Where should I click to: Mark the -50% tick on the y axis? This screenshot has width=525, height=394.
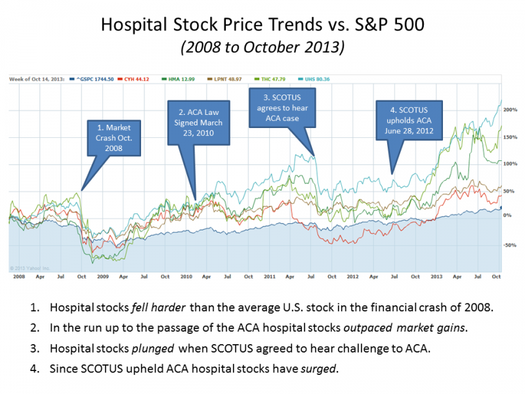point(510,245)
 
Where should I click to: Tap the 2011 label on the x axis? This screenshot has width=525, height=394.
point(270,276)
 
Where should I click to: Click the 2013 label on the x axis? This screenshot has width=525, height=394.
point(436,276)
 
